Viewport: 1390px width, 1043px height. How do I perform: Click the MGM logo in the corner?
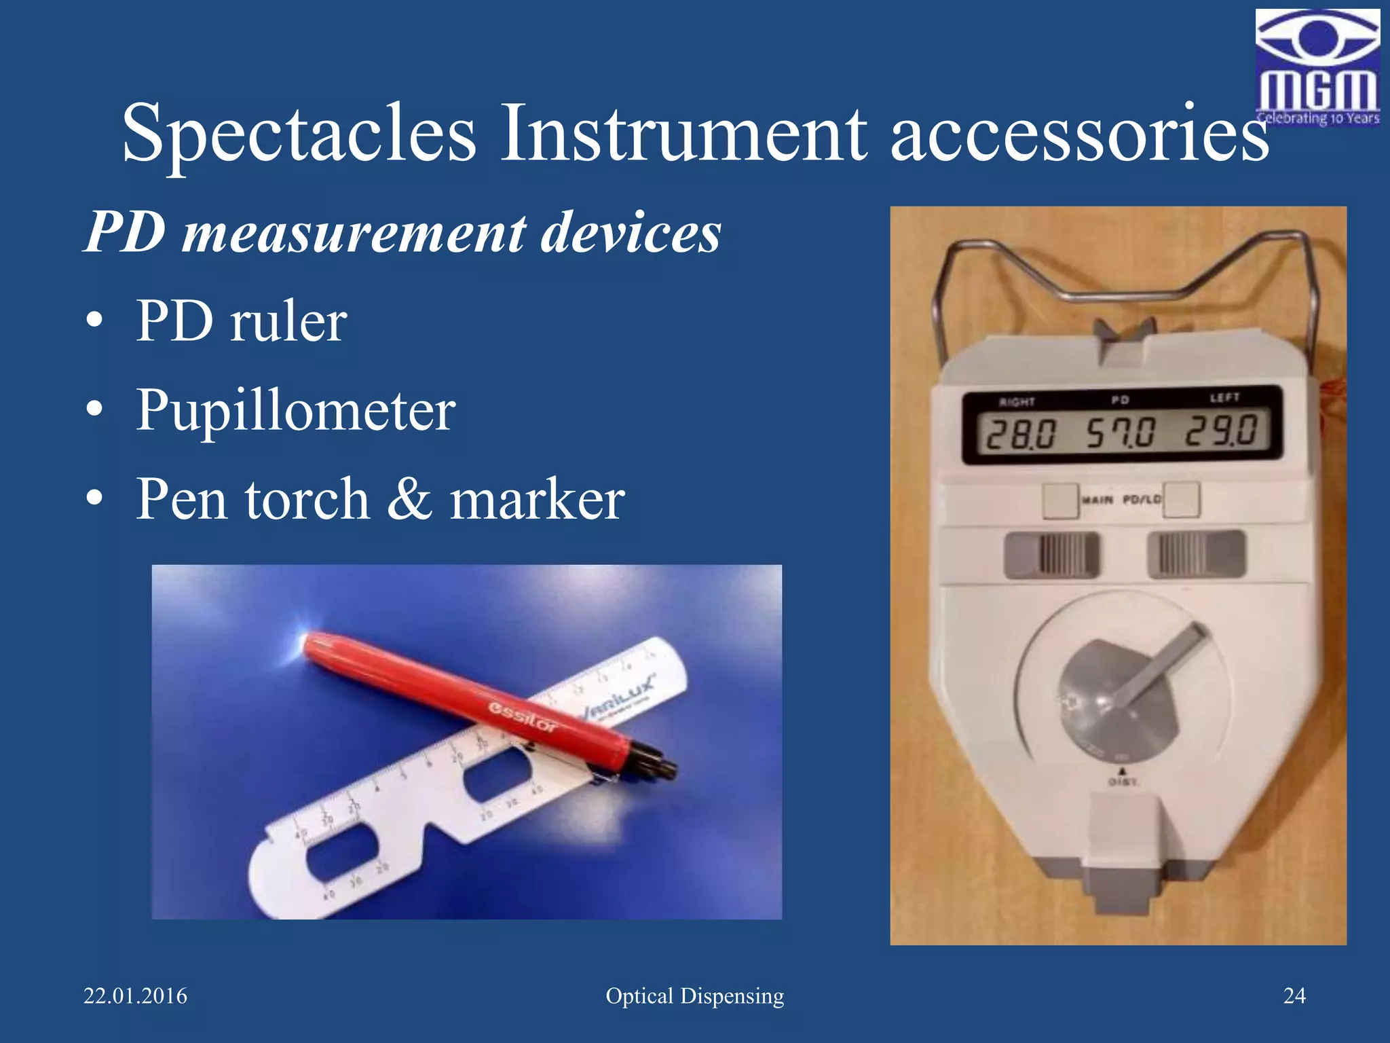[x=1317, y=68]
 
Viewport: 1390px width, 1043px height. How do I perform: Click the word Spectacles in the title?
[x=299, y=133]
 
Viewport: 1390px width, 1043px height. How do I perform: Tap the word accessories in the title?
[x=1079, y=133]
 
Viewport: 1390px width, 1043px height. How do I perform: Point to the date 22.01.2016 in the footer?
[x=135, y=996]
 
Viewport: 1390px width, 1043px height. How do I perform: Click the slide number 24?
[x=1294, y=995]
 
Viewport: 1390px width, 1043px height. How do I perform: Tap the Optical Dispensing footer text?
[x=694, y=996]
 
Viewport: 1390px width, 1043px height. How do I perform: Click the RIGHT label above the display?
[x=1017, y=402]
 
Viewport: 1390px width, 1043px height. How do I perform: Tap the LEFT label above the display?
[x=1225, y=397]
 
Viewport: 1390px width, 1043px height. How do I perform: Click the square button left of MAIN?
[x=1060, y=500]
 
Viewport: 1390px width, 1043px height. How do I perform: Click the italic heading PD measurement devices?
[x=402, y=232]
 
